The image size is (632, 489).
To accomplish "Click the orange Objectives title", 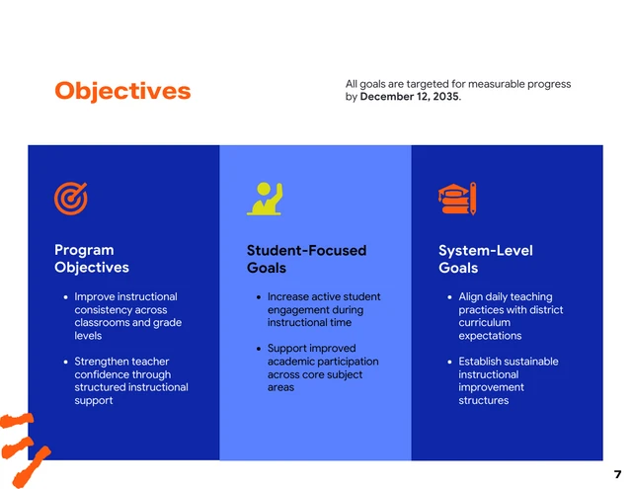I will pyautogui.click(x=122, y=91).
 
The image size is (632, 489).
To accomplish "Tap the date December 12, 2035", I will pyautogui.click(x=409, y=97).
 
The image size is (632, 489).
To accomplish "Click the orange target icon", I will pyautogui.click(x=70, y=199).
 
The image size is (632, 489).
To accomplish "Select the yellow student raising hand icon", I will pyautogui.click(x=265, y=199).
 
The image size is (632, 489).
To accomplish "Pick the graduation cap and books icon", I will pyautogui.click(x=457, y=199).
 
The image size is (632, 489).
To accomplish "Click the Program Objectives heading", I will pyautogui.click(x=91, y=259).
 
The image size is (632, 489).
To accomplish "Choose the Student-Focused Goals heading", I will pyautogui.click(x=305, y=259).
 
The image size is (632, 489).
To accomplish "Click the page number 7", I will pyautogui.click(x=617, y=475).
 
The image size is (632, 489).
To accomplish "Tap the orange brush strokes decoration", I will pyautogui.click(x=24, y=440).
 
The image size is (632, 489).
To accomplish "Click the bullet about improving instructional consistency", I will pyautogui.click(x=126, y=316).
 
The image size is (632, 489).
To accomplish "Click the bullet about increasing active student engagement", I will pyautogui.click(x=323, y=309).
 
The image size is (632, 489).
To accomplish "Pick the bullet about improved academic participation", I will pyautogui.click(x=322, y=367).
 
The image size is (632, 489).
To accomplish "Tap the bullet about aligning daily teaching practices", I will pyautogui.click(x=510, y=316).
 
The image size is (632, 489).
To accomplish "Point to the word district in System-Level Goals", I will pyautogui.click(x=544, y=310).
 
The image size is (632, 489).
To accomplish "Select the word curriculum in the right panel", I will pyautogui.click(x=484, y=323).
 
